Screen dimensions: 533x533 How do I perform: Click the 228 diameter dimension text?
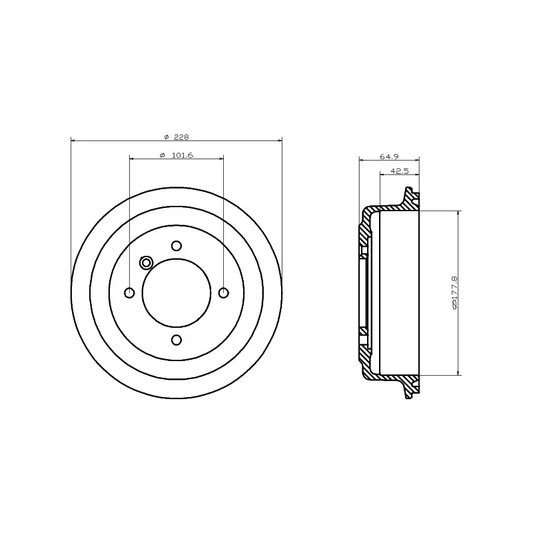181,137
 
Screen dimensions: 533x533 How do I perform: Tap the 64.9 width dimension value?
388,157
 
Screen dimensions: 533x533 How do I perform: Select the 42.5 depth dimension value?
398,171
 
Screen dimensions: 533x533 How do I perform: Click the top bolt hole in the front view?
177,245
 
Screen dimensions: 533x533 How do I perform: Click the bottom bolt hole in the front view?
177,340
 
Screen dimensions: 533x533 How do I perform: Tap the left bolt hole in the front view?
129,292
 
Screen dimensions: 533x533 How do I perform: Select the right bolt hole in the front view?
223,292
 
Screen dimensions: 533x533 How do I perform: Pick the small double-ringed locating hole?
147,263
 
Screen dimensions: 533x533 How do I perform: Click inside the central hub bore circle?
177,292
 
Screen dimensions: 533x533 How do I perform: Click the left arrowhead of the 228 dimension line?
73,141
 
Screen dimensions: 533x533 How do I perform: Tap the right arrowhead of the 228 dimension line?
280,141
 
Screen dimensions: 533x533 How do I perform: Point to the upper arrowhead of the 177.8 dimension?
458,214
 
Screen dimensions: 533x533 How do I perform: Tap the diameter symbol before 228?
166,137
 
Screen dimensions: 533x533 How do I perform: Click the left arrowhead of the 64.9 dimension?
362,160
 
